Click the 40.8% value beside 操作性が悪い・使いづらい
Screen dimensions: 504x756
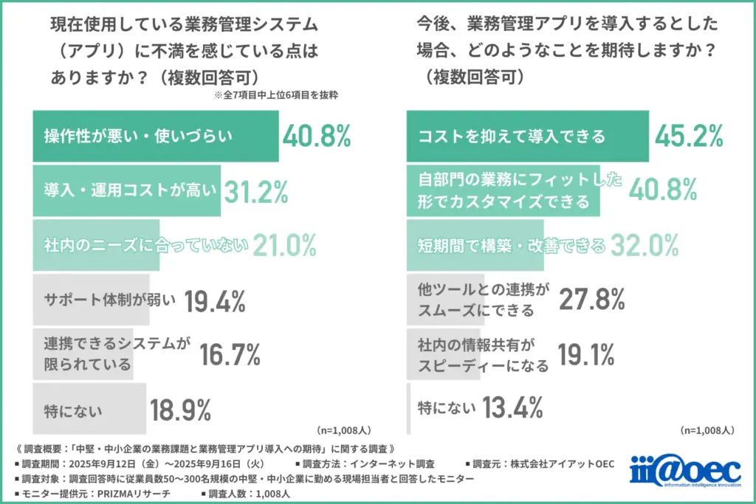tap(316, 136)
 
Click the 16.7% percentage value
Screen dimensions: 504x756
tap(230, 355)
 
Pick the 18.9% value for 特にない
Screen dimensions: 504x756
tap(181, 409)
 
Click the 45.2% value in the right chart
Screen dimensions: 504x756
tap(688, 136)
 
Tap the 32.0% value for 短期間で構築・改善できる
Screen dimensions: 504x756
tap(644, 245)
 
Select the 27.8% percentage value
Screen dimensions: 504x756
tap(591, 300)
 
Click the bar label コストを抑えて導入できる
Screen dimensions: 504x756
tap(512, 137)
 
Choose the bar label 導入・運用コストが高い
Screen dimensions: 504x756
tap(130, 191)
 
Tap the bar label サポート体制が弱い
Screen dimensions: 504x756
tap(111, 300)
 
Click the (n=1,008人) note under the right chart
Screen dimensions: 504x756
tap(707, 429)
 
